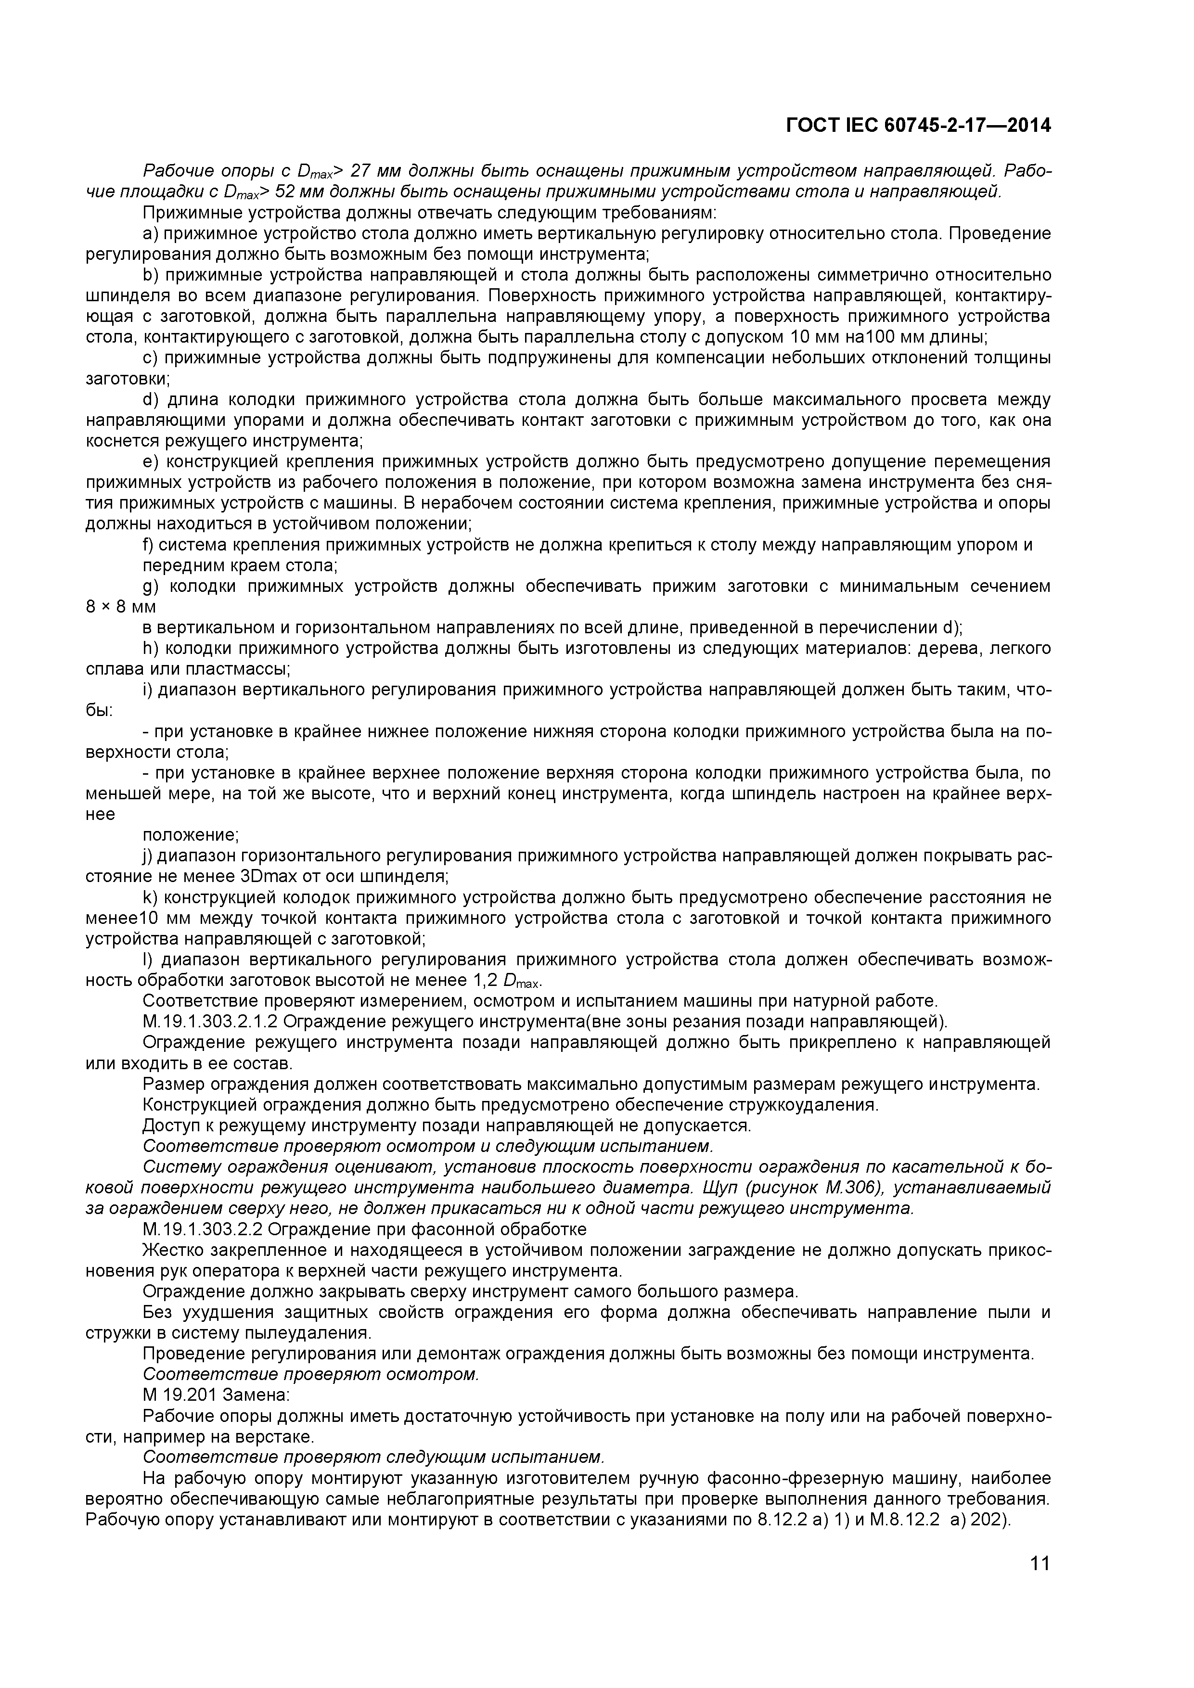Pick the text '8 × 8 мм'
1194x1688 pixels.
[x=121, y=607]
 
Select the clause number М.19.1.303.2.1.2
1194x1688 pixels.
[x=213, y=1022]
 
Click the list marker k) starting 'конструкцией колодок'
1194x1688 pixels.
[x=150, y=898]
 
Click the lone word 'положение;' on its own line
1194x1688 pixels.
[x=191, y=835]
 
